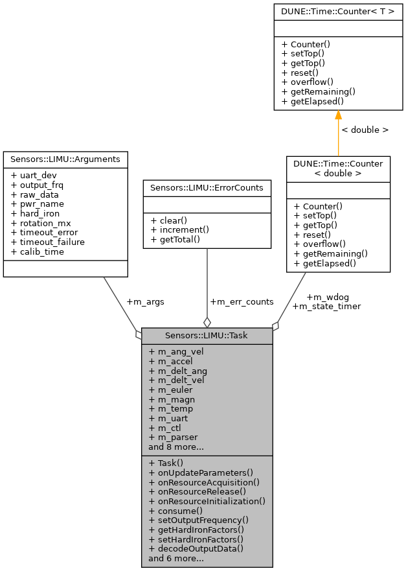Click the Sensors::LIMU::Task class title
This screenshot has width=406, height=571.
pyautogui.click(x=207, y=335)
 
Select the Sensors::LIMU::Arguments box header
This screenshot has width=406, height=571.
pyautogui.click(x=65, y=159)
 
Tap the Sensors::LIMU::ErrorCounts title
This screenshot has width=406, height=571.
pyautogui.click(x=207, y=187)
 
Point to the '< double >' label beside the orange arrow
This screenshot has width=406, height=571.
pyautogui.click(x=365, y=130)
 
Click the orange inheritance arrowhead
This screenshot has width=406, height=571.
pyautogui.click(x=338, y=115)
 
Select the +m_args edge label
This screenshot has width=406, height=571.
pyautogui.click(x=145, y=301)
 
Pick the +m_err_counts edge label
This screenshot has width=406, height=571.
pyautogui.click(x=242, y=301)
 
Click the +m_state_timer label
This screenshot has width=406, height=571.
pyautogui.click(x=326, y=306)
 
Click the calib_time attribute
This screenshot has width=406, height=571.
pyautogui.click(x=41, y=251)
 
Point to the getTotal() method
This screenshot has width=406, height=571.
pyautogui.click(x=174, y=239)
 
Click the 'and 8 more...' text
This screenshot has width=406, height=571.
pyautogui.click(x=176, y=447)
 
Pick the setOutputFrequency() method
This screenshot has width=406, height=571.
pyautogui.click(x=198, y=520)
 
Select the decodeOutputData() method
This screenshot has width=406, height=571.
pyautogui.click(x=196, y=548)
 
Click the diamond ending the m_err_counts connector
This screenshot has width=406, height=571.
pyautogui.click(x=207, y=322)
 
